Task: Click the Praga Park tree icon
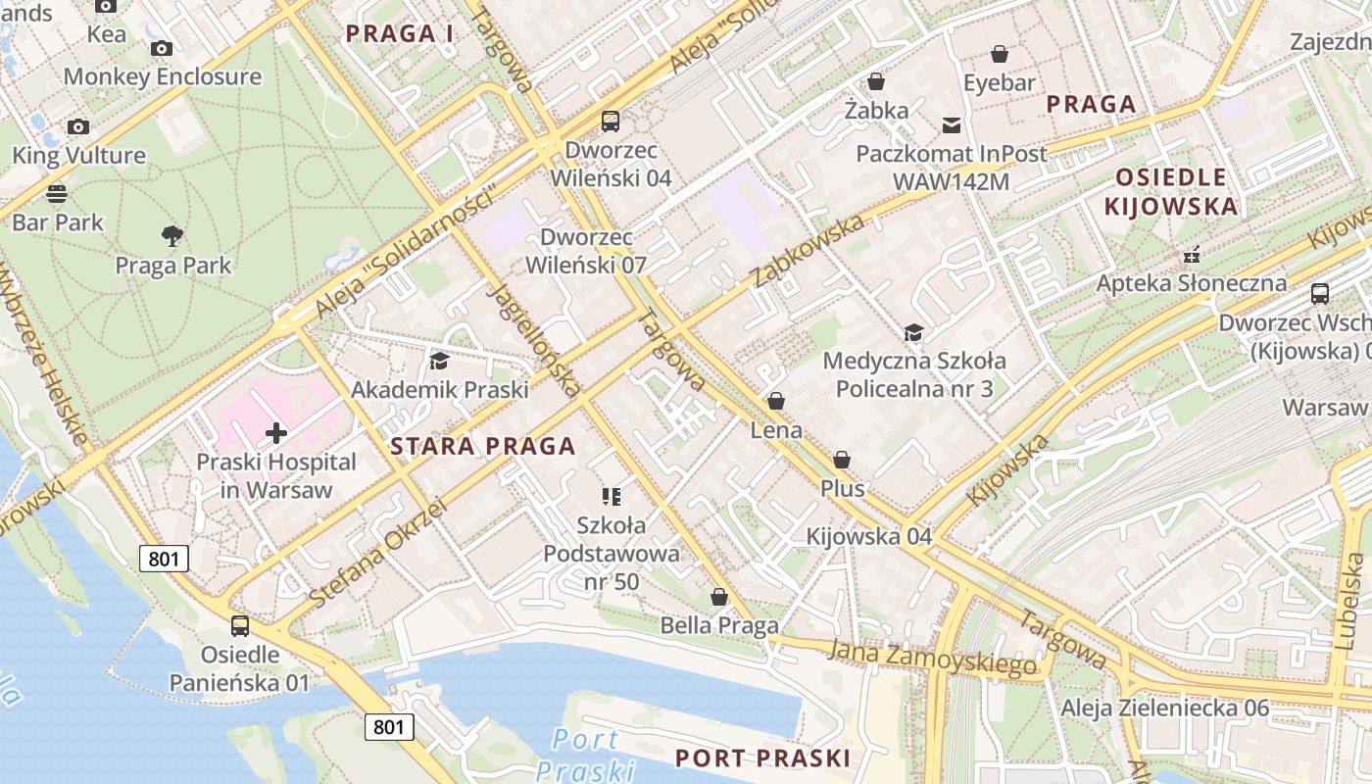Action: pyautogui.click(x=172, y=235)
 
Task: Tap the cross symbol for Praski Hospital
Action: pyautogui.click(x=276, y=432)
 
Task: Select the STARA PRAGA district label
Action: pyautogui.click(x=482, y=447)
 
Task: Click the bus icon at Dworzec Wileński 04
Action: pyautogui.click(x=611, y=122)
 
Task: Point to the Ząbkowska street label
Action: pyautogui.click(x=808, y=251)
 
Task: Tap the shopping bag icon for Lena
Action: pyautogui.click(x=776, y=401)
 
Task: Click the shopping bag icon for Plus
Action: pyautogui.click(x=842, y=460)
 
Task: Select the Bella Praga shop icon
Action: pyautogui.click(x=719, y=597)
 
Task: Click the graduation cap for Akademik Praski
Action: pyautogui.click(x=438, y=361)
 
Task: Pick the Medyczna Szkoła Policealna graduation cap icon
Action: pyautogui.click(x=913, y=332)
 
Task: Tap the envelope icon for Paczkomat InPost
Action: pyautogui.click(x=951, y=124)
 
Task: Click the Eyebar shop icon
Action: pyautogui.click(x=1000, y=54)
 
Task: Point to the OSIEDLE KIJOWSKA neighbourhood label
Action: pyautogui.click(x=1170, y=191)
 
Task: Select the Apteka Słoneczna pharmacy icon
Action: pyautogui.click(x=1192, y=254)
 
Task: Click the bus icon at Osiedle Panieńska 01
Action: pyautogui.click(x=240, y=625)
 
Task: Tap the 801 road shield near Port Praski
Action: pyautogui.click(x=389, y=727)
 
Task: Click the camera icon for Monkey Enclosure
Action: pyautogui.click(x=162, y=48)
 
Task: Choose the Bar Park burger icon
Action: pyautogui.click(x=57, y=193)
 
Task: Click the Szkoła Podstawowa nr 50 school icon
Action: pyautogui.click(x=612, y=497)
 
